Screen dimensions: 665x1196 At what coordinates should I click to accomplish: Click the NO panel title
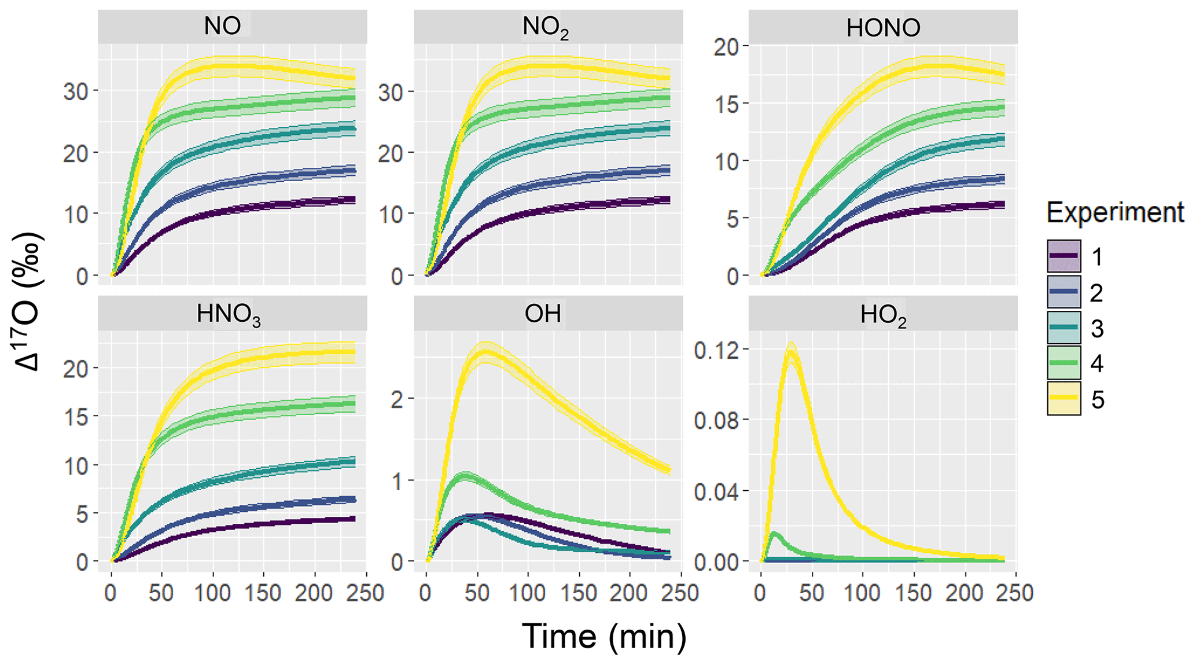222,27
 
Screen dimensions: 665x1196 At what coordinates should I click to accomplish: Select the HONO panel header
883,28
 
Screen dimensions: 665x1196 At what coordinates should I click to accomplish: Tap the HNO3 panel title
229,314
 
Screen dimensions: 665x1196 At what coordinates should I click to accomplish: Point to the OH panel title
543,314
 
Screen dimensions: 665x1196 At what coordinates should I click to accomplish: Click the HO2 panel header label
883,315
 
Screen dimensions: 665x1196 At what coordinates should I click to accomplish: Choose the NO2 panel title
545,27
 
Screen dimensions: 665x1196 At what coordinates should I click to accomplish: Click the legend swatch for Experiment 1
1063,256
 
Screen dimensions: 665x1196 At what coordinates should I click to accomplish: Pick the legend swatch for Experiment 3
1063,328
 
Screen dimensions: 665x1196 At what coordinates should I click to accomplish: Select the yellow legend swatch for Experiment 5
1063,398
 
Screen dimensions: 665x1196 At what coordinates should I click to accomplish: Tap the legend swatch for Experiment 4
1063,363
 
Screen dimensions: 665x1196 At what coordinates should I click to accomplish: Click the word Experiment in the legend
1115,213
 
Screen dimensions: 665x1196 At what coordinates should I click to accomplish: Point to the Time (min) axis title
604,637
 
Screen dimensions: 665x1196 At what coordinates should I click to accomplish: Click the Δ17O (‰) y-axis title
28,301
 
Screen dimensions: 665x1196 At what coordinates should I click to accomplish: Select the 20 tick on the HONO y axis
727,46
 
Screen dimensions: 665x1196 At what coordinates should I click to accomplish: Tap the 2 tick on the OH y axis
397,399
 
